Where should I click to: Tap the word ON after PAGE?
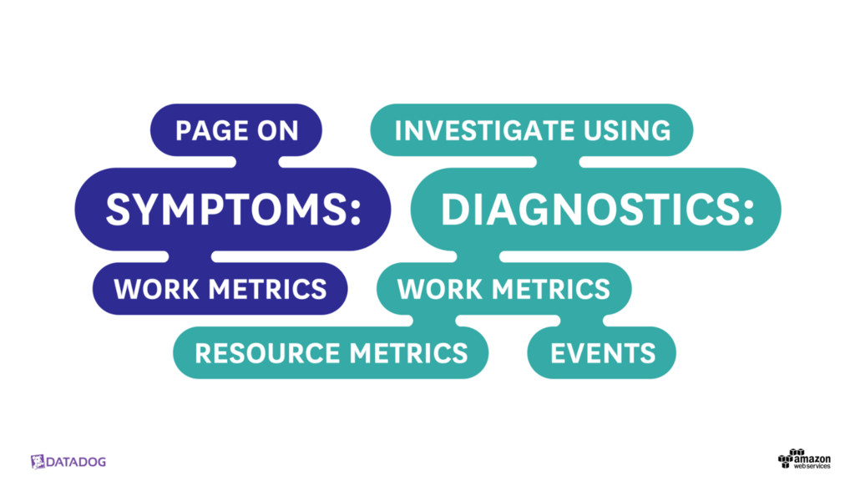point(276,131)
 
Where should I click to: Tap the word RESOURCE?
point(270,353)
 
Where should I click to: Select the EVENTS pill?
point(603,353)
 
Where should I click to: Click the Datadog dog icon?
point(38,462)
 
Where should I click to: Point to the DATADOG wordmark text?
point(77,462)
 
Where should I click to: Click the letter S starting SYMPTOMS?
point(119,210)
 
